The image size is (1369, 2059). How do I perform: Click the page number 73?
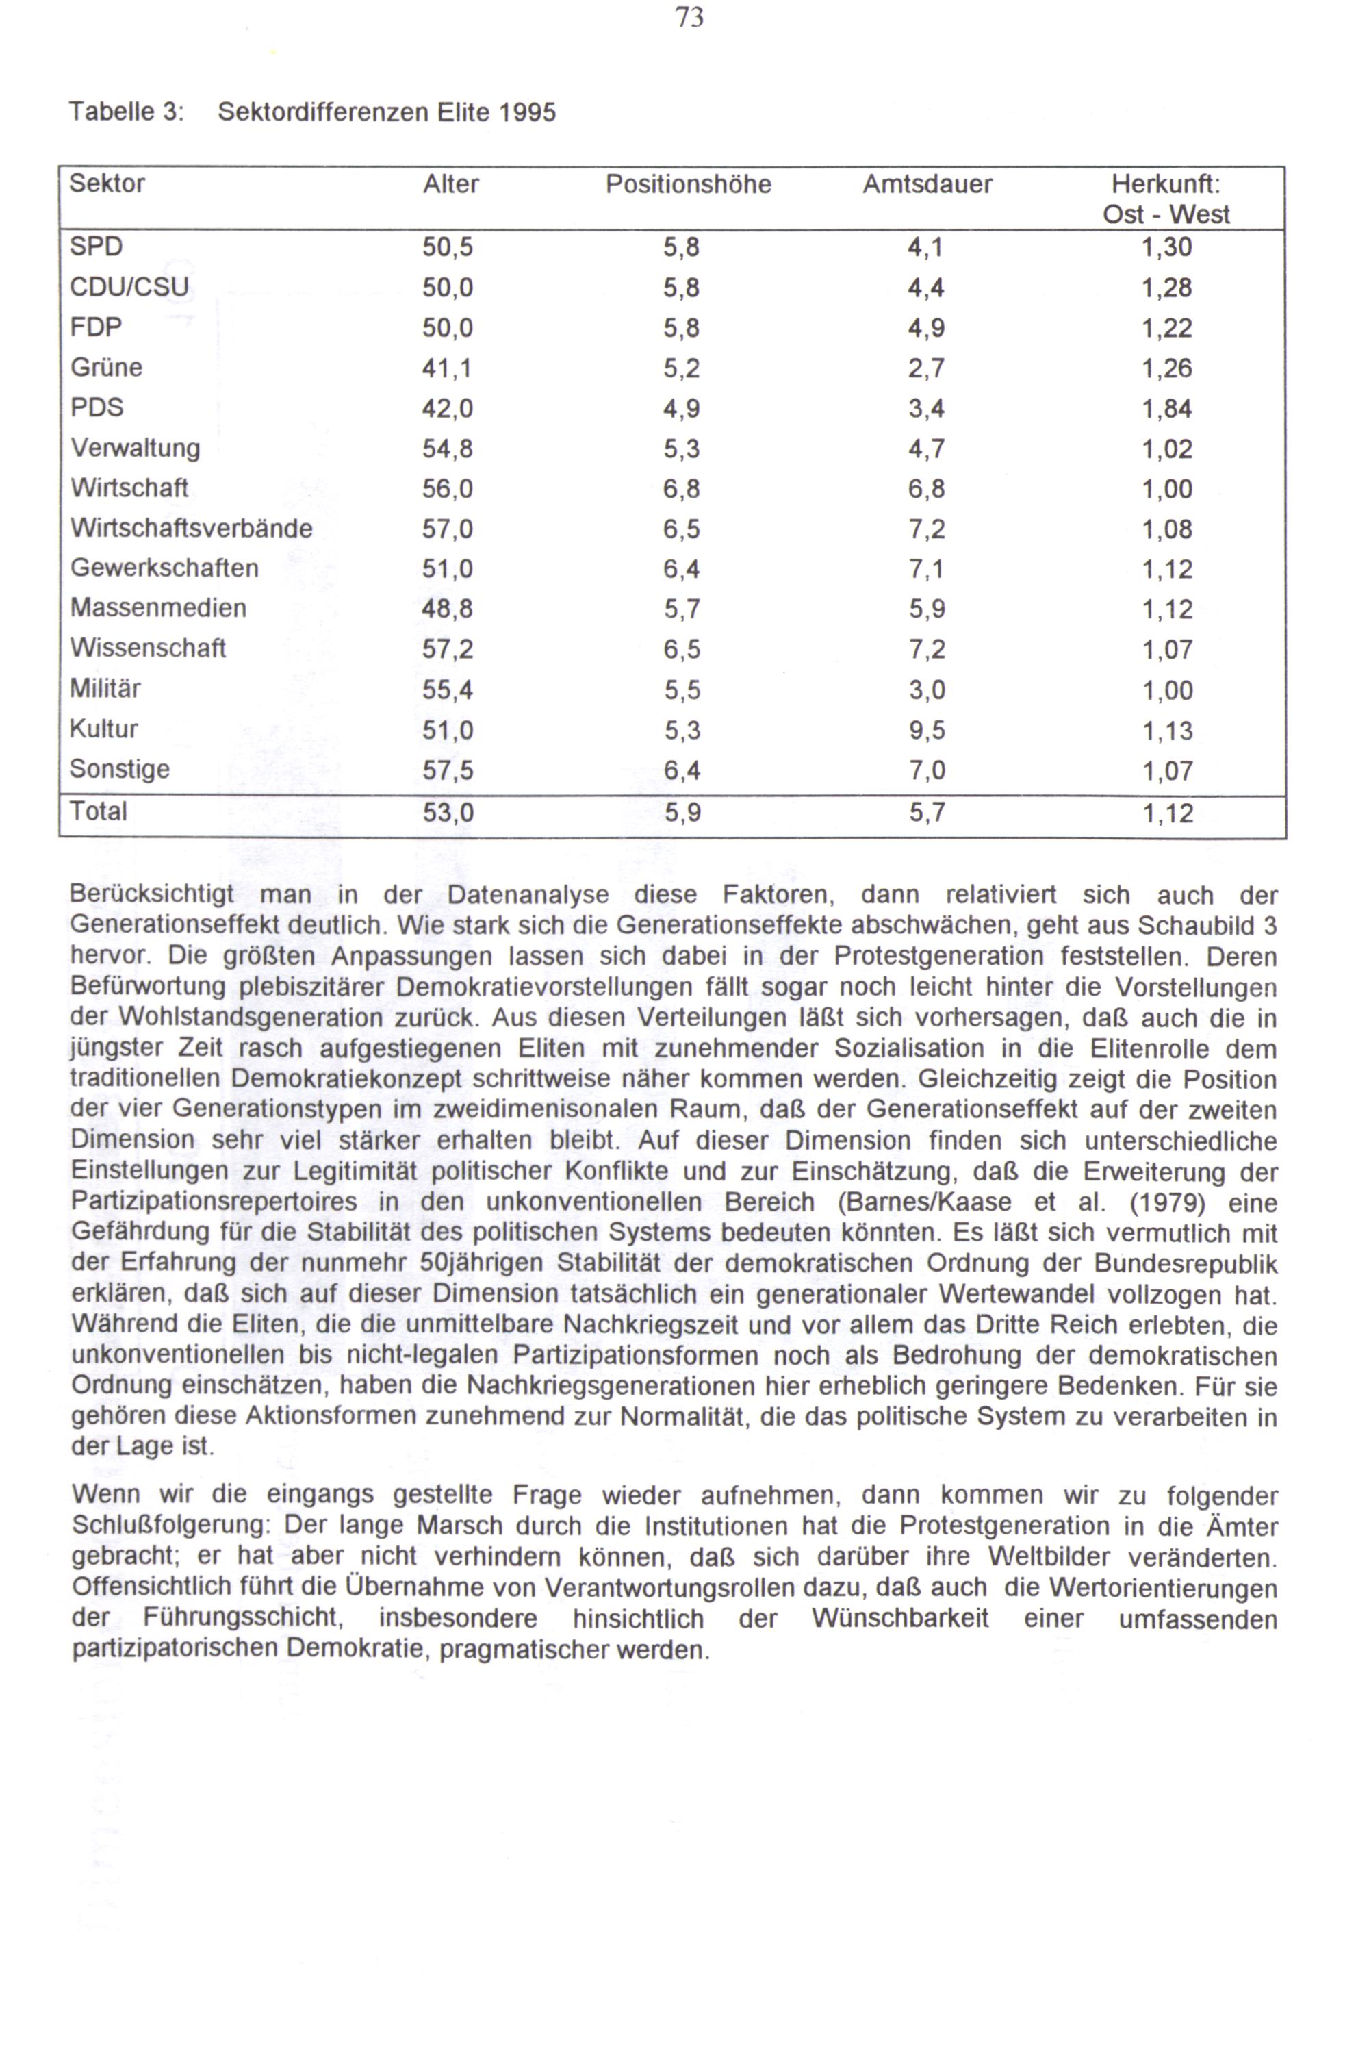pos(689,18)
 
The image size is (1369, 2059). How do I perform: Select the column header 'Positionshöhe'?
pos(688,184)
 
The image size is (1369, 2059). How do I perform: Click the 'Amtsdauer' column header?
pos(927,184)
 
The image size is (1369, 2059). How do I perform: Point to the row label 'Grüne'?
pos(107,368)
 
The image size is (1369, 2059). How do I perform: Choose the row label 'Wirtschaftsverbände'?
pos(191,529)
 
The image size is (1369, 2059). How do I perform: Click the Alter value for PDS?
pos(447,409)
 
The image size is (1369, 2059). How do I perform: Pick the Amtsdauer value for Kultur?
pos(926,730)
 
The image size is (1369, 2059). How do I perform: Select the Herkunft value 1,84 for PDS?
pos(1166,409)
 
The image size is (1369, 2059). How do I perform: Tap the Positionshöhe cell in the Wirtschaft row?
pos(681,489)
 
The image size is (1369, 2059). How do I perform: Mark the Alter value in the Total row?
pos(447,813)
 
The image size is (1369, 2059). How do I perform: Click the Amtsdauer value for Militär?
pos(926,690)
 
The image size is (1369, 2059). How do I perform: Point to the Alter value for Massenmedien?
pos(447,609)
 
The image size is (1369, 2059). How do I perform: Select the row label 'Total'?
pos(99,812)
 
